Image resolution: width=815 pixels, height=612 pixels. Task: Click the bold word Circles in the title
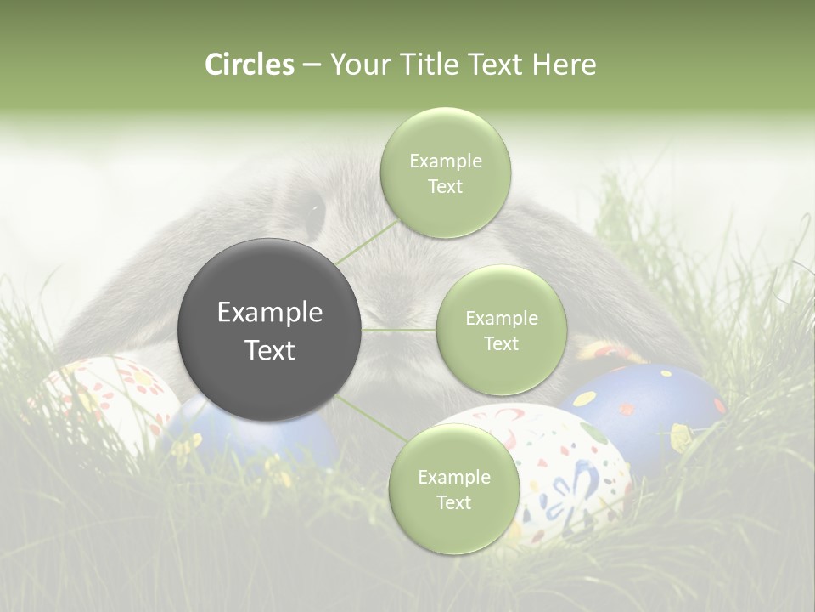(250, 65)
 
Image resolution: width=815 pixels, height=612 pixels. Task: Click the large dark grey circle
(270, 330)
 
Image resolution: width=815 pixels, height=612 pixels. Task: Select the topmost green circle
(446, 173)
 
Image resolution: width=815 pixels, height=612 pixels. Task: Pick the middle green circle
(501, 330)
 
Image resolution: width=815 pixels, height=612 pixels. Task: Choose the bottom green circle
(453, 489)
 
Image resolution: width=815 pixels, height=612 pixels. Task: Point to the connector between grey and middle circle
(399, 330)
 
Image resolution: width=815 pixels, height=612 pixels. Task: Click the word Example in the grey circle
(270, 313)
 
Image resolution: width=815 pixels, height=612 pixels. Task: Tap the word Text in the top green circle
(446, 187)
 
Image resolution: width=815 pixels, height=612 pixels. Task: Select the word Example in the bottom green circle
(453, 477)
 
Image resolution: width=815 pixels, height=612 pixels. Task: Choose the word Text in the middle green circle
(501, 343)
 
